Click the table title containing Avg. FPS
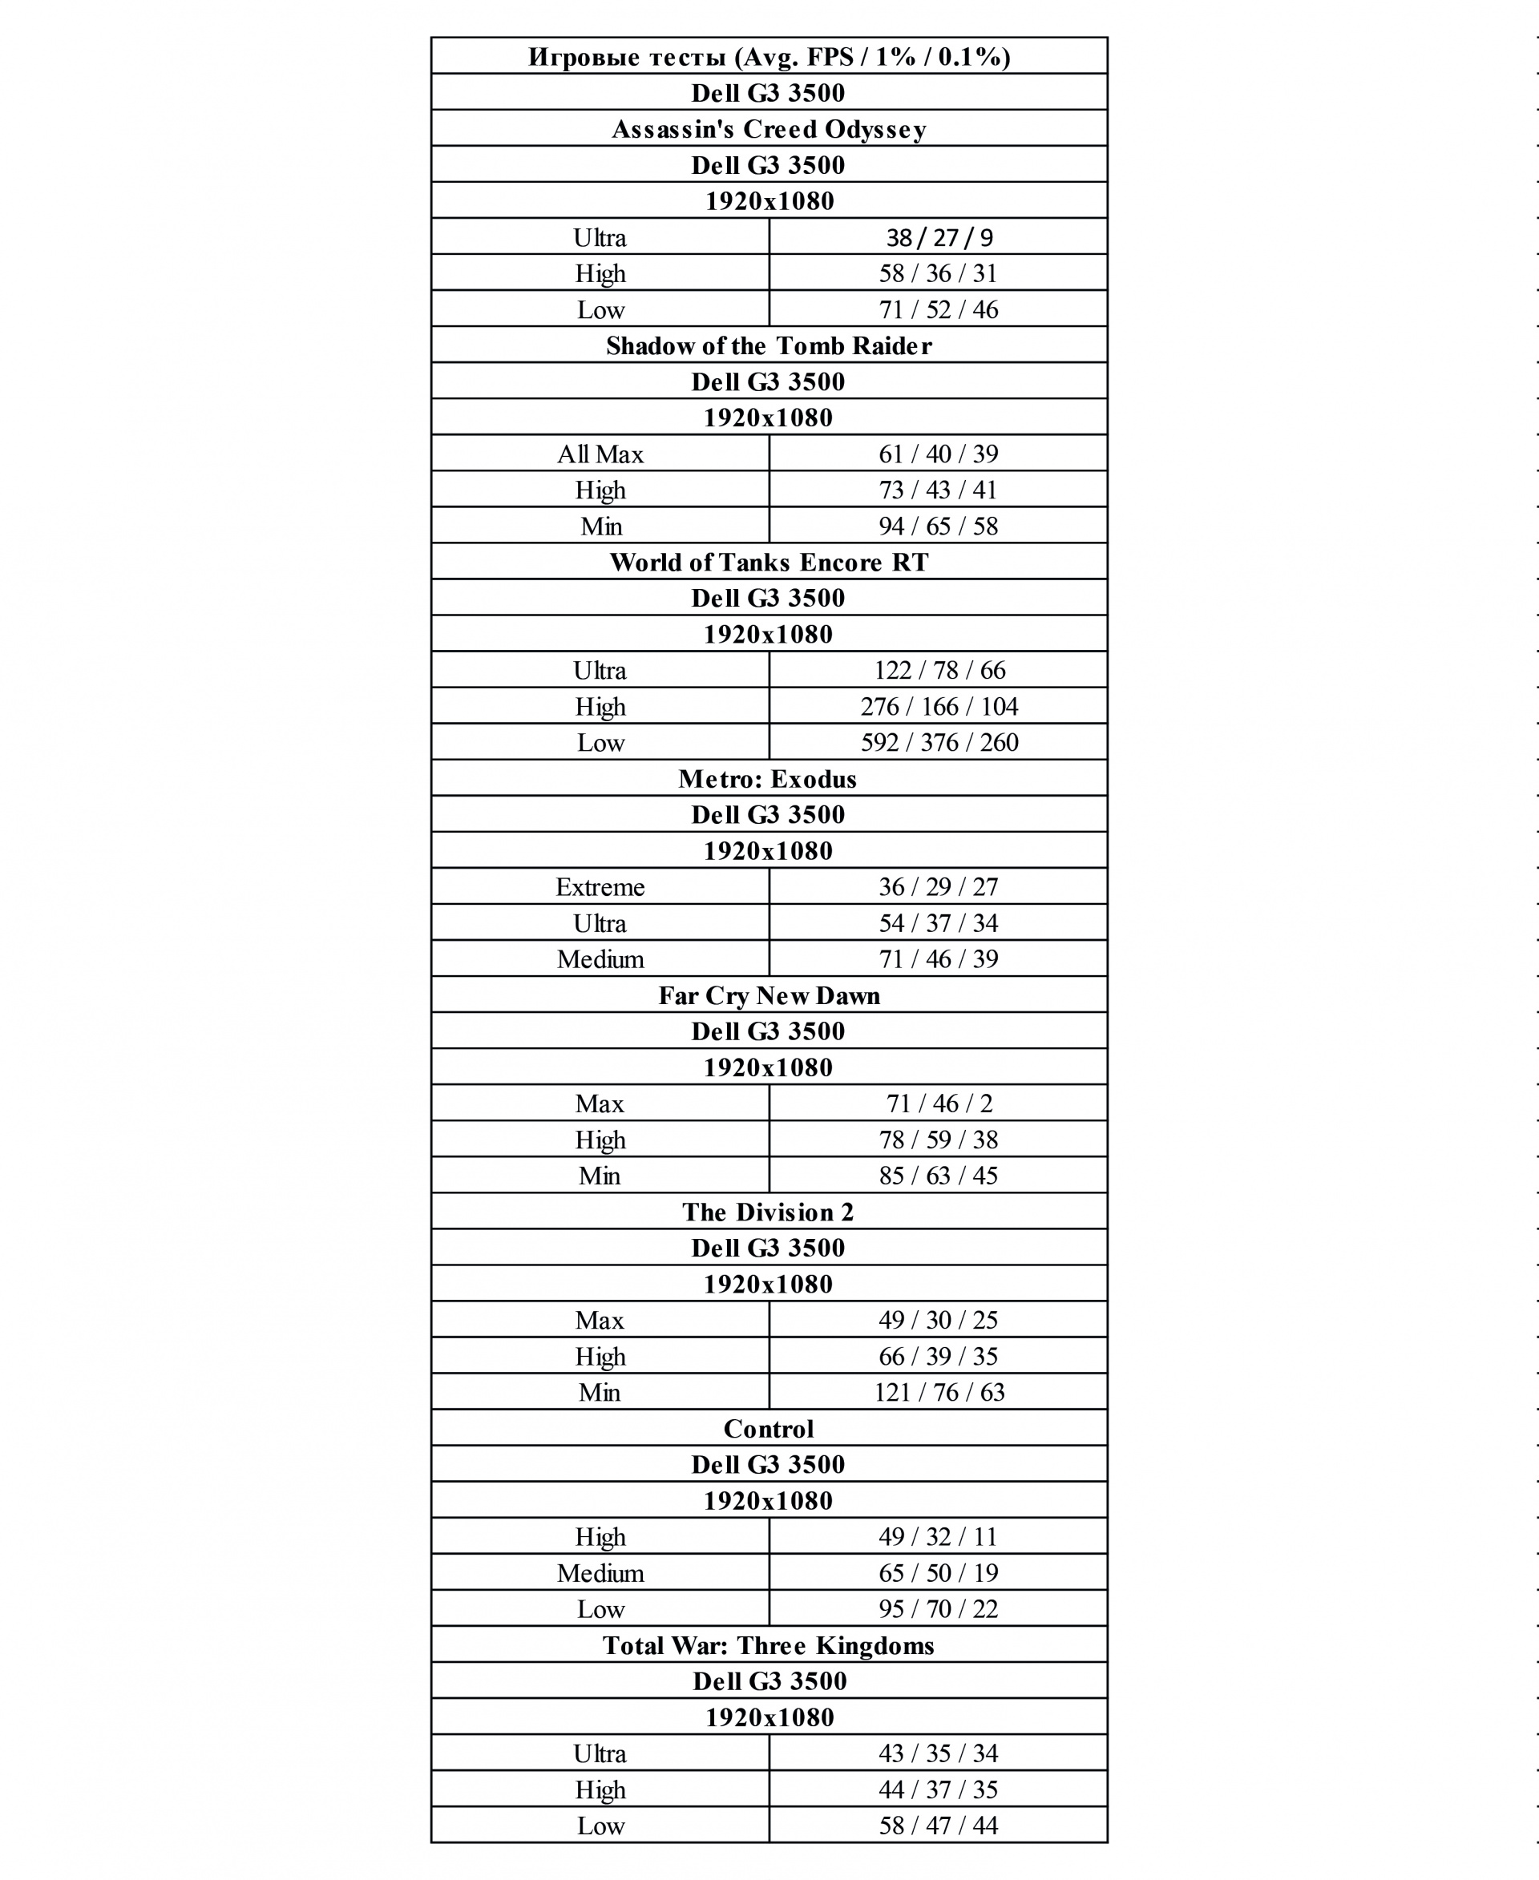click(769, 57)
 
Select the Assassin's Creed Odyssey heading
click(769, 129)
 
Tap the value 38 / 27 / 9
click(939, 237)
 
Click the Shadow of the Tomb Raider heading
click(769, 345)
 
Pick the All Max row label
click(600, 454)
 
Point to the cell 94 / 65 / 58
click(939, 526)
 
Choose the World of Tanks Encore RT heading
click(769, 563)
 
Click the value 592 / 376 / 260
click(939, 743)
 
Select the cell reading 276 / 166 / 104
click(939, 707)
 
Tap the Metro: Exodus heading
click(769, 779)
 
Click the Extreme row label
click(600, 887)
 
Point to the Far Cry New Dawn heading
click(769, 996)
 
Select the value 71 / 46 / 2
click(939, 1103)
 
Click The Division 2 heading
click(769, 1212)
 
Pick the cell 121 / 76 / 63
click(939, 1393)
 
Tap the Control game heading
click(769, 1429)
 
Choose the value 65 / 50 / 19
click(939, 1573)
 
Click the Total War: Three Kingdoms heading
click(769, 1646)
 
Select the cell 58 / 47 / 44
click(939, 1826)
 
